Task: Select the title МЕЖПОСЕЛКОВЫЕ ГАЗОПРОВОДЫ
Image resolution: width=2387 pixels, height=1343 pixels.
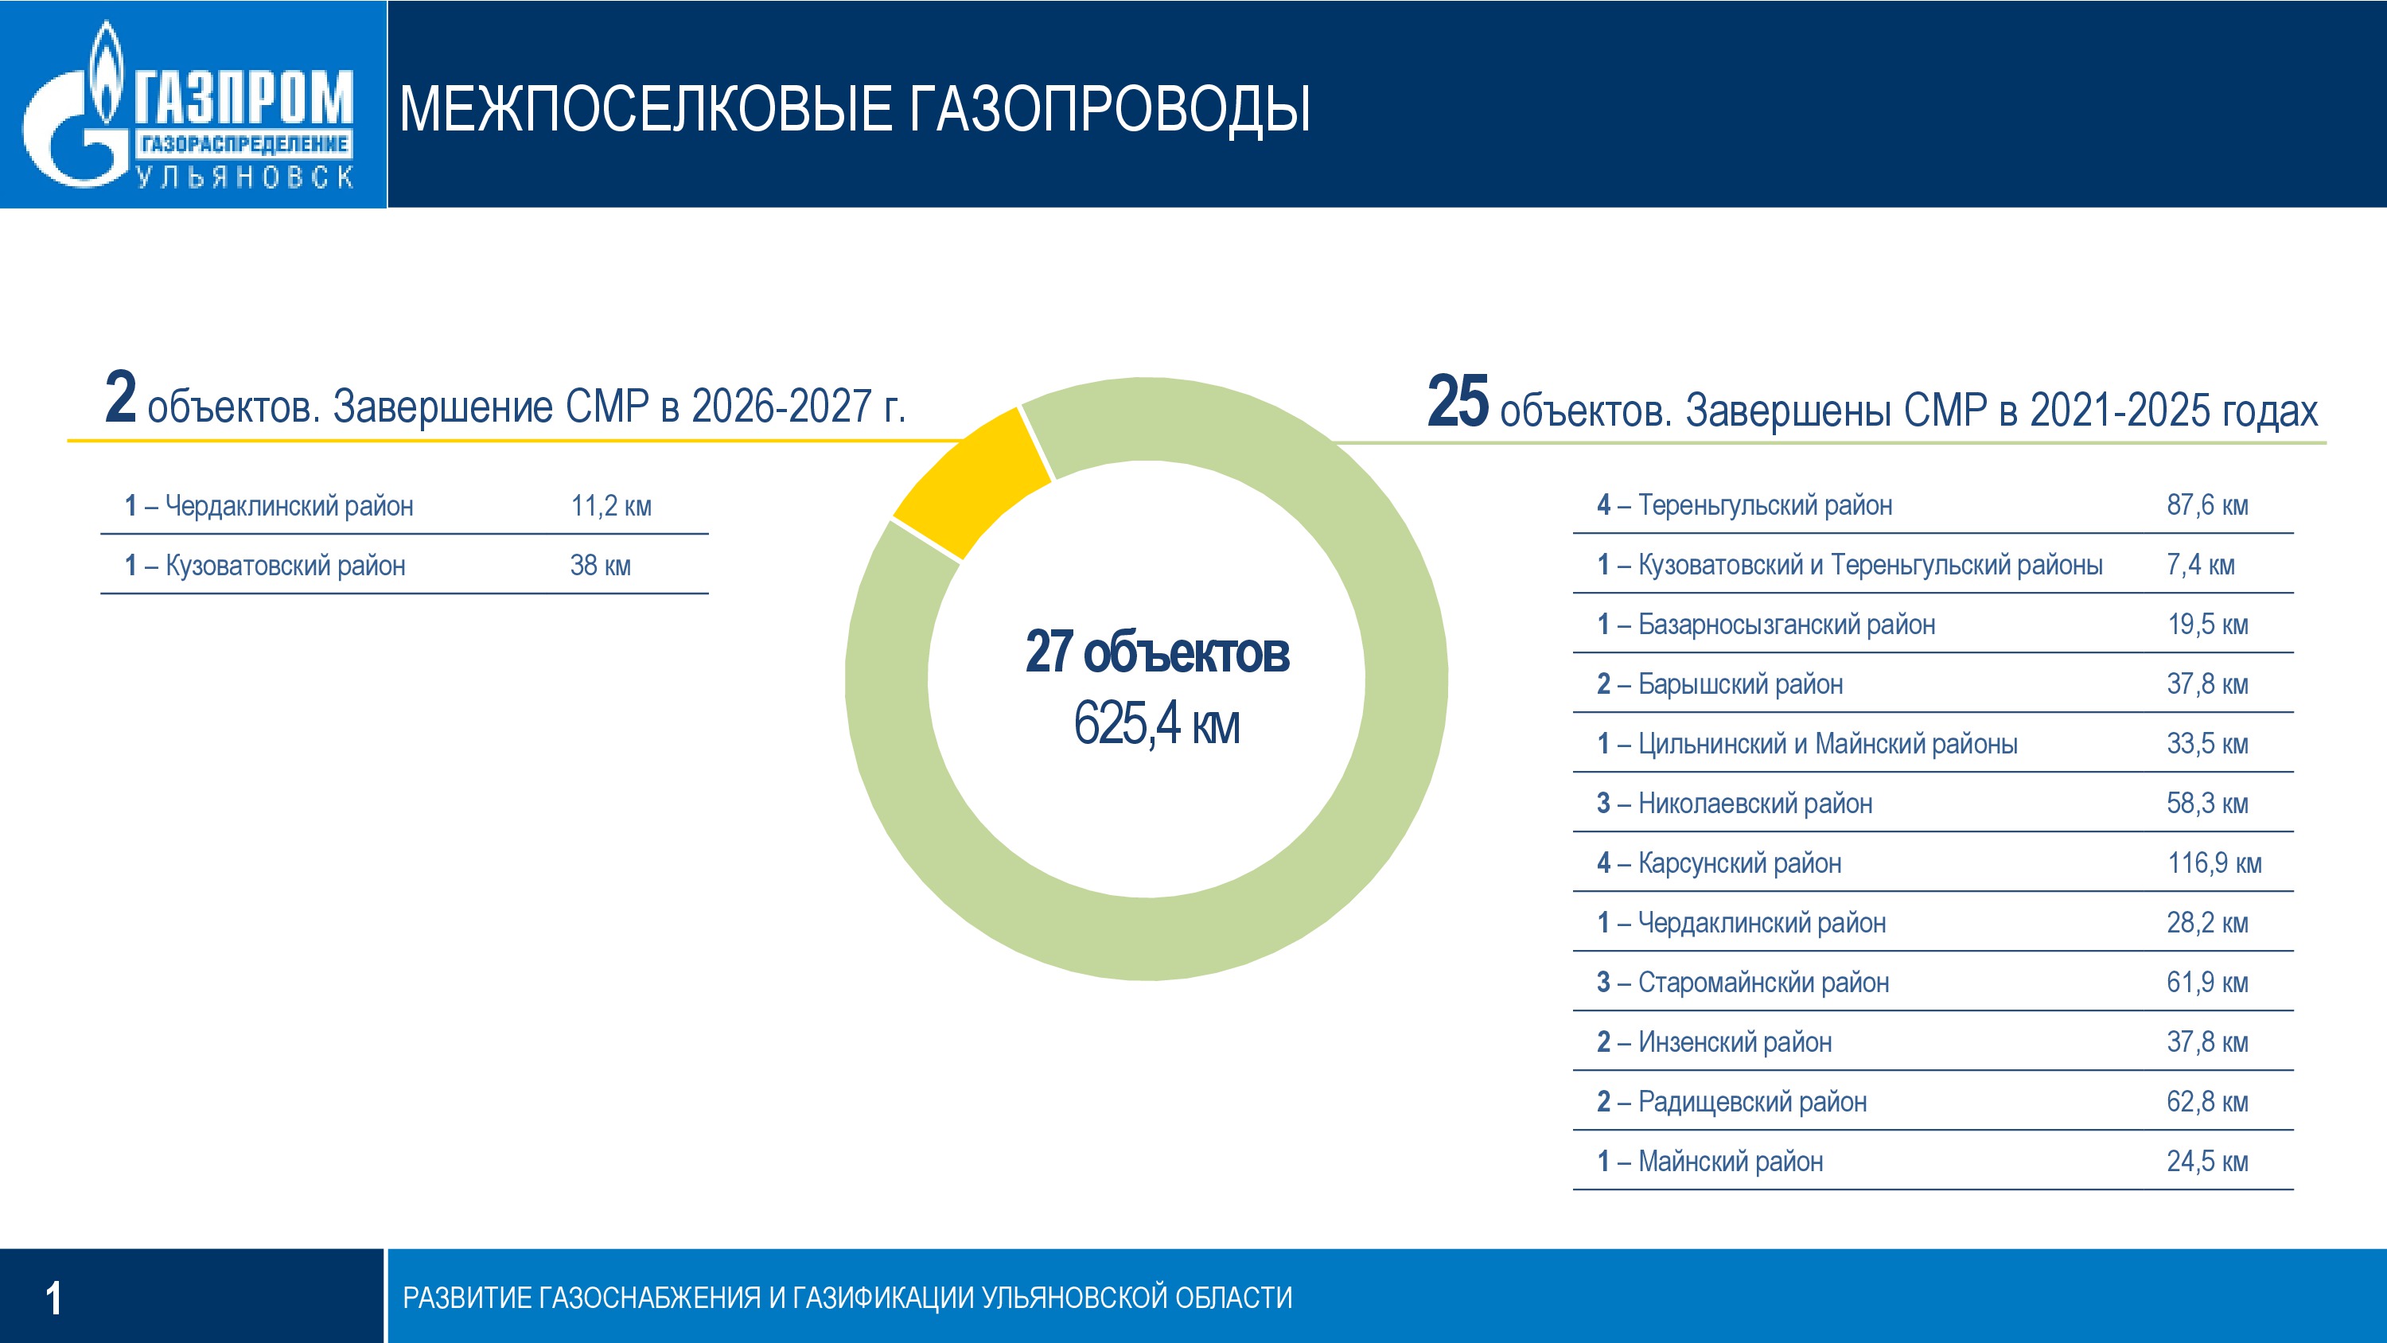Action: click(x=855, y=109)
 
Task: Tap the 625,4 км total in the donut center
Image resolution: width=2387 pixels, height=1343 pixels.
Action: click(x=1155, y=724)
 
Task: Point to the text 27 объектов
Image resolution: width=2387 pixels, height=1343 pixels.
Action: click(x=1156, y=652)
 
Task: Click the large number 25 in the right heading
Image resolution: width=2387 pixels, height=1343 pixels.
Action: click(x=1458, y=403)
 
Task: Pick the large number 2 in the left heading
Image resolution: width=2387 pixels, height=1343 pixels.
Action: click(x=120, y=398)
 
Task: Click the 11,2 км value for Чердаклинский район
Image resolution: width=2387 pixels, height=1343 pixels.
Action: click(x=610, y=506)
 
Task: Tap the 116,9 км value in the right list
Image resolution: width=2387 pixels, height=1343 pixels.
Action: click(x=2214, y=864)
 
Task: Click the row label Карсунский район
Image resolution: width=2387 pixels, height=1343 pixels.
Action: click(x=1739, y=864)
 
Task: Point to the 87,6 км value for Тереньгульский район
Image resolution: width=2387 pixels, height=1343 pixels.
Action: click(x=2206, y=506)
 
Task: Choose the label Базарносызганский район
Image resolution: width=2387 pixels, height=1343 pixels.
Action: click(x=1785, y=625)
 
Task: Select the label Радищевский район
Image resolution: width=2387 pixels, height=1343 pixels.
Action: click(x=1751, y=1102)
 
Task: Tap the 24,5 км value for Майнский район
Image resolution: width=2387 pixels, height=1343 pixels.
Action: click(x=2206, y=1162)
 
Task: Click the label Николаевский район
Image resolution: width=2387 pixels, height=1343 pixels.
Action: click(x=1754, y=804)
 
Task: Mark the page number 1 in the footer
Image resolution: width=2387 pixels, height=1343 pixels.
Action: click(x=54, y=1298)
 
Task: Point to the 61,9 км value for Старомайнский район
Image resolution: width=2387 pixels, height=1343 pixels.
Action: click(x=2206, y=983)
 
